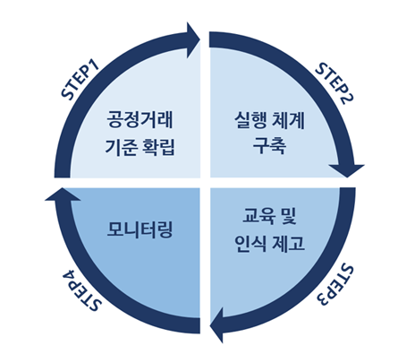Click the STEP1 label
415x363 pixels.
(x=80, y=81)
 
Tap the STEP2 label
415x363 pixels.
(x=335, y=83)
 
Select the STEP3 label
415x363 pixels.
(x=335, y=285)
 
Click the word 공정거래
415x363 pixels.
(x=140, y=119)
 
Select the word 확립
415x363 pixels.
(x=158, y=147)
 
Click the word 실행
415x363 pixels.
(x=250, y=120)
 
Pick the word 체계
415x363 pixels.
(x=288, y=120)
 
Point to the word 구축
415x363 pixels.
(x=269, y=146)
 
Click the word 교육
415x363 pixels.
(x=258, y=216)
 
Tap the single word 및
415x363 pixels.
(x=288, y=216)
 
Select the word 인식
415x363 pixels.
(x=250, y=243)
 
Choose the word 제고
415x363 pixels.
(x=288, y=243)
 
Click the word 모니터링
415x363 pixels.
(x=140, y=229)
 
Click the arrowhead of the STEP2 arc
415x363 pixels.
(x=347, y=170)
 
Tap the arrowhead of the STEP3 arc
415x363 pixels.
(x=216, y=325)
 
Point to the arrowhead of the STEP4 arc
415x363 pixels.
(x=63, y=194)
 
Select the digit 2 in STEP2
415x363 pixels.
(x=348, y=99)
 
